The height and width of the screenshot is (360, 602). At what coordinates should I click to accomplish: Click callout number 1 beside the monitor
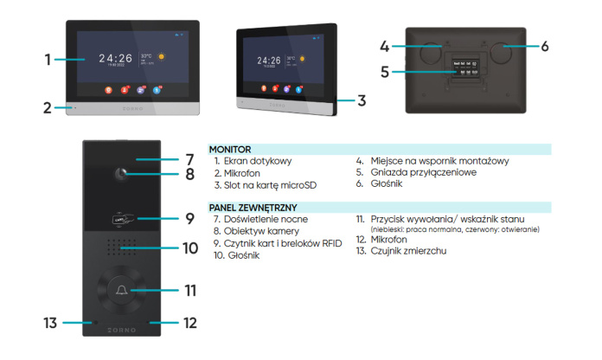[48, 60]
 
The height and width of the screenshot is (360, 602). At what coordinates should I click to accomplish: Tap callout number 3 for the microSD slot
[362, 100]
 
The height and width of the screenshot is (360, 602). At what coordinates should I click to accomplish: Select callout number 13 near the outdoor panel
[51, 323]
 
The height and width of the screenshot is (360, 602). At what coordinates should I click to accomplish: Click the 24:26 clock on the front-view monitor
[115, 59]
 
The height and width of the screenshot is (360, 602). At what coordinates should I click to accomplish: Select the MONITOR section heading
[229, 150]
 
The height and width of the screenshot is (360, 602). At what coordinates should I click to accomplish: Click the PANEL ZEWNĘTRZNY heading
[253, 208]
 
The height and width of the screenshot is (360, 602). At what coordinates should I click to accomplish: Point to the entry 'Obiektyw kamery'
[256, 232]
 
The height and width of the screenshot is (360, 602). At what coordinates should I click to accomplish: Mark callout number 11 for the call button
[190, 288]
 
